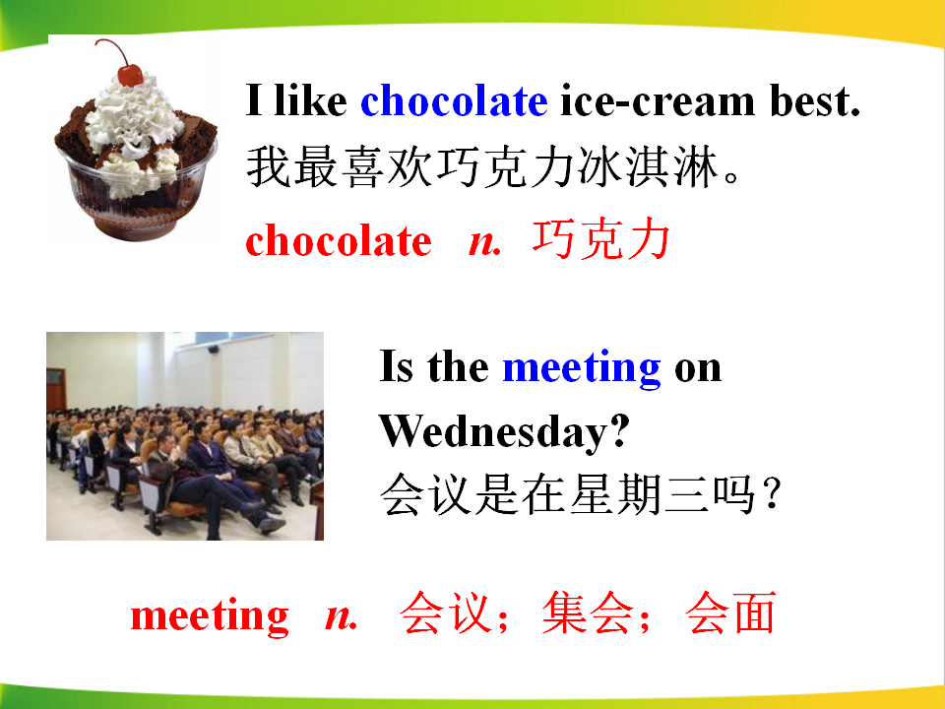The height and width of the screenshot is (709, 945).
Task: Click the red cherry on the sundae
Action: (130, 75)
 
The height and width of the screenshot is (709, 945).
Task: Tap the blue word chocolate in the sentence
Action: (454, 100)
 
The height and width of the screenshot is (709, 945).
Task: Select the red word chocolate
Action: (339, 240)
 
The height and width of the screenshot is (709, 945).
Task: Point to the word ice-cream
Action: (658, 100)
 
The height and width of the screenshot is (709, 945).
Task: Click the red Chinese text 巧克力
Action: (601, 239)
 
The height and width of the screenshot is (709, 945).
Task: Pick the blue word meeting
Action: (582, 367)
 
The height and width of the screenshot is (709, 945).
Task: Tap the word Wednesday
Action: (504, 431)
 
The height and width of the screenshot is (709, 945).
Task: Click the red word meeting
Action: (210, 616)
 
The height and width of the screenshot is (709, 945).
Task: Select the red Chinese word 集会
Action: (589, 613)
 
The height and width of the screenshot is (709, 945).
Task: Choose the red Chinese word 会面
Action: (730, 613)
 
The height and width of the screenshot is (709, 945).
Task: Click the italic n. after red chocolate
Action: (485, 243)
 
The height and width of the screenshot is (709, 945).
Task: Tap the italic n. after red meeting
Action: (342, 616)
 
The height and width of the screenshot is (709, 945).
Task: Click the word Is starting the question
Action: (397, 366)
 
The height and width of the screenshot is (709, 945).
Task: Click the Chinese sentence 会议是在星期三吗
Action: (581, 494)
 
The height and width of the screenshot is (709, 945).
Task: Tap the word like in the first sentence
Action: (310, 100)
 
